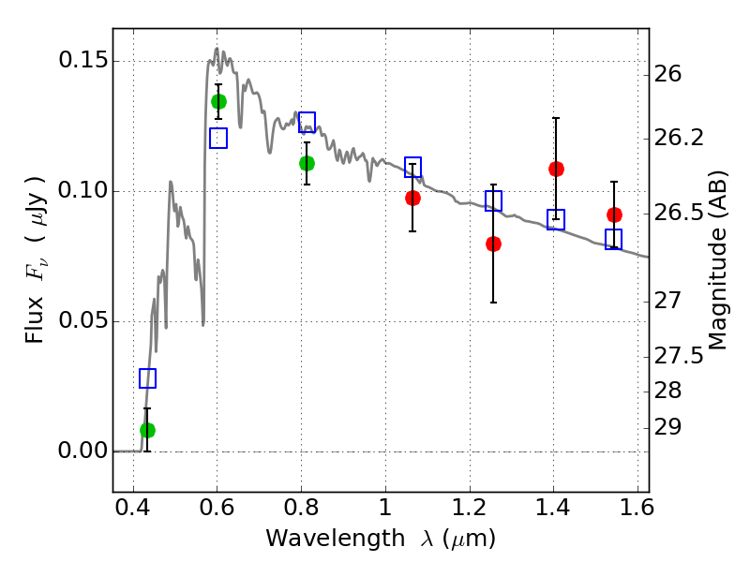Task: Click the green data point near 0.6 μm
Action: [218, 102]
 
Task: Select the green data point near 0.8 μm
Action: [307, 163]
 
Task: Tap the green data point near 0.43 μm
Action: [147, 430]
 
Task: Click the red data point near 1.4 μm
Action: [556, 169]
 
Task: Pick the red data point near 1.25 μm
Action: [493, 244]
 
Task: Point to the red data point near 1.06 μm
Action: [412, 198]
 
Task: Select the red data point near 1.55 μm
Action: [614, 215]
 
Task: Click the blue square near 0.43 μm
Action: [147, 378]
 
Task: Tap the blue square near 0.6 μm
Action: [218, 138]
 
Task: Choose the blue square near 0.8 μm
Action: [307, 122]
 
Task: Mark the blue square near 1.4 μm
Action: [556, 219]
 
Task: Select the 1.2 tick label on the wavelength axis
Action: [470, 508]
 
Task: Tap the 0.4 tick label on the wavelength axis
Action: [133, 508]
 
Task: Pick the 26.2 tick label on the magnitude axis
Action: [679, 138]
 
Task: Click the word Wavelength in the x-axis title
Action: [336, 538]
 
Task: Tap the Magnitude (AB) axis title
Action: [716, 260]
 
